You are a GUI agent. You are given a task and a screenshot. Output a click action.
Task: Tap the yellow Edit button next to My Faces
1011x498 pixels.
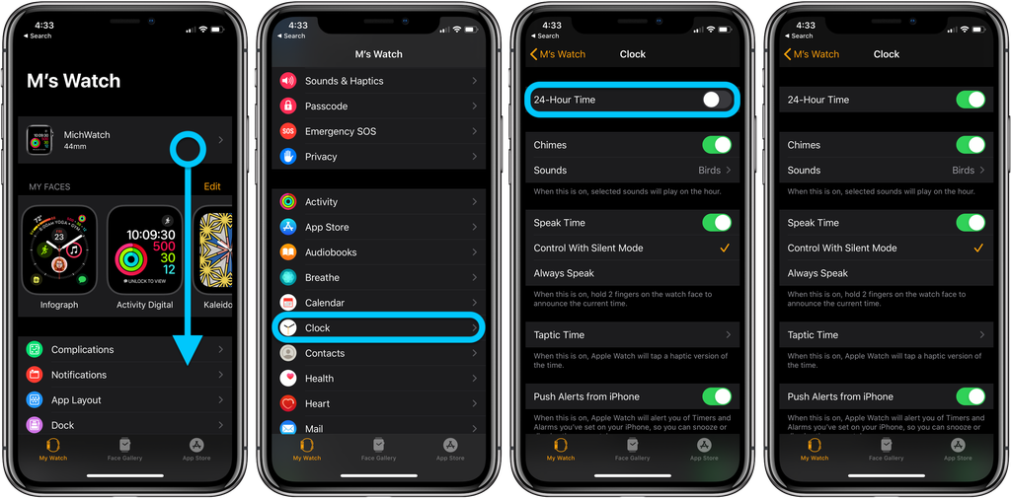pyautogui.click(x=212, y=186)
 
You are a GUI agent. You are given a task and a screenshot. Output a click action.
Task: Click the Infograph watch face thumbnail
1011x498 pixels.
pyautogui.click(x=59, y=250)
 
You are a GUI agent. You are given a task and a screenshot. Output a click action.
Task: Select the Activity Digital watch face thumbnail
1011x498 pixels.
pyautogui.click(x=144, y=250)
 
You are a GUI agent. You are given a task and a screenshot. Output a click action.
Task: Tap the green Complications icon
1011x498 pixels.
pyautogui.click(x=35, y=350)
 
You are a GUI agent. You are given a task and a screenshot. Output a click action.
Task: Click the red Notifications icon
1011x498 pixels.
pyautogui.click(x=35, y=375)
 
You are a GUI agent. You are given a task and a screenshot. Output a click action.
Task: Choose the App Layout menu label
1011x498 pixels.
pyautogui.click(x=76, y=400)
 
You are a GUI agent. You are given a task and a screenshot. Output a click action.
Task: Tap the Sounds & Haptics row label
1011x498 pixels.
pyautogui.click(x=344, y=81)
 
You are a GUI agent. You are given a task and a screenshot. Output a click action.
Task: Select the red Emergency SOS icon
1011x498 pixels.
pyautogui.click(x=288, y=131)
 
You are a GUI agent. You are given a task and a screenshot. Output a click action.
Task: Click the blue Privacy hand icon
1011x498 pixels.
pyautogui.click(x=288, y=156)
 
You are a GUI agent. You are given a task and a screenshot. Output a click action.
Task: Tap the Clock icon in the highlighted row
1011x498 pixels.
pyautogui.click(x=288, y=327)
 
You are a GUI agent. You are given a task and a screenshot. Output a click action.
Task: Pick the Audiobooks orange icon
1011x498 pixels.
pyautogui.click(x=288, y=252)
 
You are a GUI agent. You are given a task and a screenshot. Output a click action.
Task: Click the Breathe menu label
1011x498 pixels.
pyautogui.click(x=322, y=278)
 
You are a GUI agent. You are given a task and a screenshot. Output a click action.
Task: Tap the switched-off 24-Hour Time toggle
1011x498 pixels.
pyautogui.click(x=717, y=100)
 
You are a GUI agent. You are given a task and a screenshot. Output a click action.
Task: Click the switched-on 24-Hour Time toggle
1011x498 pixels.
pyautogui.click(x=971, y=100)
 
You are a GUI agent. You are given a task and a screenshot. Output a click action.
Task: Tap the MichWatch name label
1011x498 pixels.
pyautogui.click(x=87, y=135)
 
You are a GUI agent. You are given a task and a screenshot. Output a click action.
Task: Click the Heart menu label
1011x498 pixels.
pyautogui.click(x=317, y=403)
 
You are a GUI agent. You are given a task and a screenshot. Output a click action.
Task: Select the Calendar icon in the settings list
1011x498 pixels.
pyautogui.click(x=288, y=303)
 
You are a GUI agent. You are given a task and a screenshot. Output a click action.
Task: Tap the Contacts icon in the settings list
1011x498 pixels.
pyautogui.click(x=288, y=353)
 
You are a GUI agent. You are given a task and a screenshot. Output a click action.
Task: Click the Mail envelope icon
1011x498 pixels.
pyautogui.click(x=288, y=428)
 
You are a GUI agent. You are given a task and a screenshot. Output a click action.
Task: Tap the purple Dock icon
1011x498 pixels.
pyautogui.click(x=35, y=425)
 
